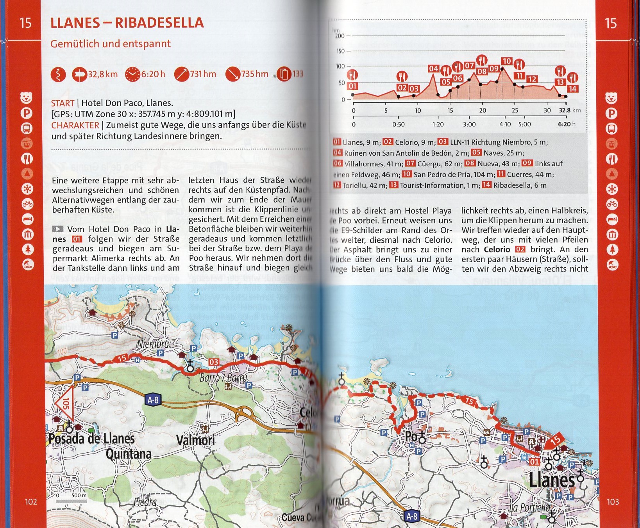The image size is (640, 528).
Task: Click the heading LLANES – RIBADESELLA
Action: [127, 23]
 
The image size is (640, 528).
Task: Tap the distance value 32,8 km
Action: [103, 74]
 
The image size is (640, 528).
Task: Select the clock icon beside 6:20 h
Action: [132, 74]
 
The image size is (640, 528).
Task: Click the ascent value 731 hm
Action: [203, 74]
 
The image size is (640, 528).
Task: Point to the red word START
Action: [63, 103]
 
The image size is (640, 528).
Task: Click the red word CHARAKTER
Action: [75, 125]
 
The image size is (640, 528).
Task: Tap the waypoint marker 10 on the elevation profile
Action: [507, 61]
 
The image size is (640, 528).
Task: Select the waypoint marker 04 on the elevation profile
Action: [434, 69]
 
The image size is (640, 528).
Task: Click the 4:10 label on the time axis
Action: [505, 124]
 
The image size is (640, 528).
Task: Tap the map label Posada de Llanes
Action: [91, 439]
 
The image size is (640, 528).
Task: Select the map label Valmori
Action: [195, 440]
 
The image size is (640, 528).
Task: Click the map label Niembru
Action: [153, 344]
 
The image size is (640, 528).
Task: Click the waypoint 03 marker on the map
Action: [213, 362]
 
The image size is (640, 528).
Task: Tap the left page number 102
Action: [31, 502]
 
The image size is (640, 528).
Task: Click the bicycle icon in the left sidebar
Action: [27, 204]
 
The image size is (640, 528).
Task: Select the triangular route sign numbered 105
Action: [65, 402]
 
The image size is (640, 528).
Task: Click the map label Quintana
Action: [129, 454]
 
